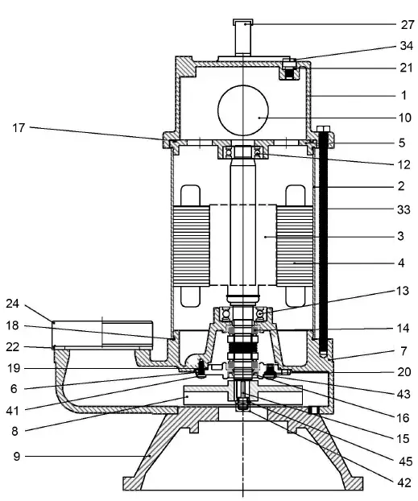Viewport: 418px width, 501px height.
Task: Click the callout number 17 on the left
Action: [x=19, y=127]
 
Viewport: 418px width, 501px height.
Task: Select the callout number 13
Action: [x=402, y=290]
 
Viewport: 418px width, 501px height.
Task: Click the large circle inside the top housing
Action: [x=242, y=116]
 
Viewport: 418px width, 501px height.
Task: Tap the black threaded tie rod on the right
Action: [x=324, y=242]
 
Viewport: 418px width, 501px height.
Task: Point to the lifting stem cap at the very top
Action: [x=242, y=23]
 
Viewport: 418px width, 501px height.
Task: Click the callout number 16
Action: [x=402, y=420]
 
